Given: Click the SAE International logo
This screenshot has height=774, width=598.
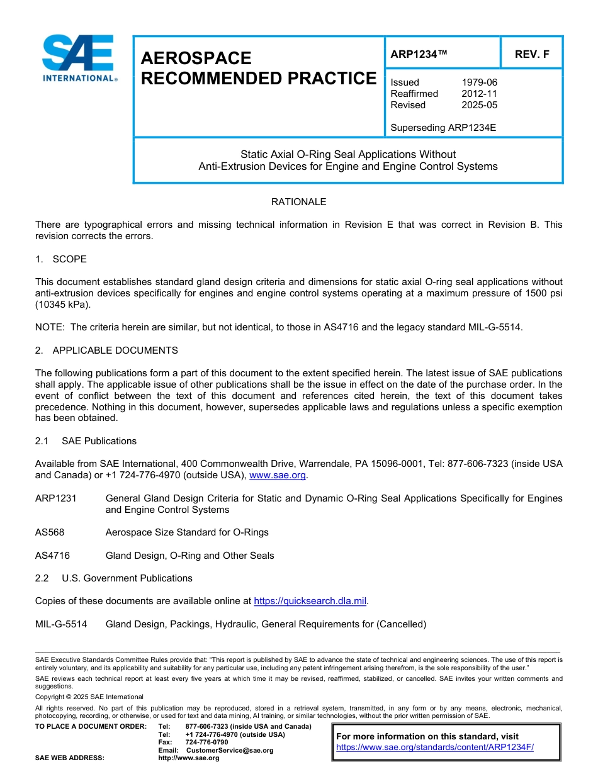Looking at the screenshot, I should (x=78, y=58).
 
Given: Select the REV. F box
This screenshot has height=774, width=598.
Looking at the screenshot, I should (x=531, y=54).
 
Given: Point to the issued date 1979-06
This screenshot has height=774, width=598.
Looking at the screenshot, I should (x=479, y=82).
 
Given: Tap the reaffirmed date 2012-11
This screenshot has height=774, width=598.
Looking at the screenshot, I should (x=479, y=94).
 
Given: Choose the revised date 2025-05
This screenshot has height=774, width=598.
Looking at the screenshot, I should (x=479, y=105).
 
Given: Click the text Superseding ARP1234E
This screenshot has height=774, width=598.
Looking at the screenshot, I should (x=443, y=128).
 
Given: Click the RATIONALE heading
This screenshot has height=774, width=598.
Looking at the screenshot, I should (x=298, y=202).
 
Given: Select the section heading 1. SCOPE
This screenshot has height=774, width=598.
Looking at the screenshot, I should (x=61, y=259).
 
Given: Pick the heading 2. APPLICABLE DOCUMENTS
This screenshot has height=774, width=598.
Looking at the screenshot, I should (x=106, y=351).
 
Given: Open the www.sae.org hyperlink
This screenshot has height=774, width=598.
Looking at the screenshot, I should (x=278, y=476).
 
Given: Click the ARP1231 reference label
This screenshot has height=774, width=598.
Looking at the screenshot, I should (x=56, y=498).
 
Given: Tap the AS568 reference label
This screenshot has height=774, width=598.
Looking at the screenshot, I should (x=50, y=532).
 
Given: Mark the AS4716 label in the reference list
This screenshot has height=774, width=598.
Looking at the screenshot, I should (x=52, y=556).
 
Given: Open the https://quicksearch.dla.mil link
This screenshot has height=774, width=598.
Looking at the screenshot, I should (x=310, y=602).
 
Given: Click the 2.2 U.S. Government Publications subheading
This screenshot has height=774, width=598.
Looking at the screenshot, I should (x=114, y=578).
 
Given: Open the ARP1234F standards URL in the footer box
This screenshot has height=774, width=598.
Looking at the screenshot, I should (x=434, y=748).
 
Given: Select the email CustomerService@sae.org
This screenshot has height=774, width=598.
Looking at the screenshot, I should (x=230, y=750).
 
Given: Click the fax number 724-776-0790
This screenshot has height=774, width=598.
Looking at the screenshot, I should (x=206, y=743).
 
